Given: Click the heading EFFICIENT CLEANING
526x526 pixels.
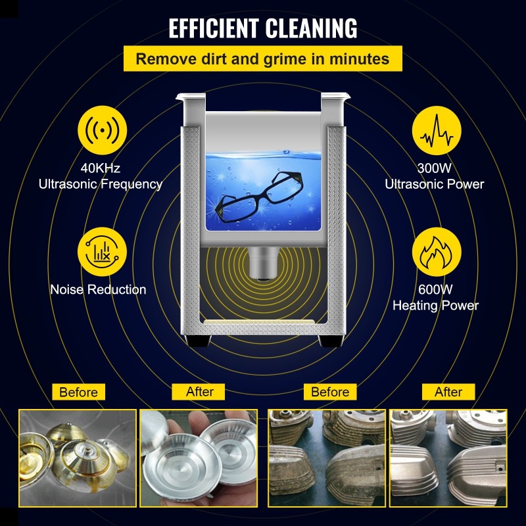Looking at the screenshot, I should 263,28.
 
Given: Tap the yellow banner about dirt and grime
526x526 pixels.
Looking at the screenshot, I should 262,59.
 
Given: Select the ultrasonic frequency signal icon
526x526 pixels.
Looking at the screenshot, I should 102,131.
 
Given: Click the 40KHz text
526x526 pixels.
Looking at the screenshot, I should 101,168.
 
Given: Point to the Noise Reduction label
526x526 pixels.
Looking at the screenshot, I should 98,289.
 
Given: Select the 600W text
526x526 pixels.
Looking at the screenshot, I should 435,289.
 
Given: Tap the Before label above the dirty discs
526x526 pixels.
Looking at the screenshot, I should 78,392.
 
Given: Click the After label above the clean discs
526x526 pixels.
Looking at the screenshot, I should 200,391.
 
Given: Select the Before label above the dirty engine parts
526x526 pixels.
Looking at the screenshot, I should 330,392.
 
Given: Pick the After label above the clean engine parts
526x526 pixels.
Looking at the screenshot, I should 448,392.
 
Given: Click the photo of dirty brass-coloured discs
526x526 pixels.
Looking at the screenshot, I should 78,458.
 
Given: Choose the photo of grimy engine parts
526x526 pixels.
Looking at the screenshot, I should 327,458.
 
